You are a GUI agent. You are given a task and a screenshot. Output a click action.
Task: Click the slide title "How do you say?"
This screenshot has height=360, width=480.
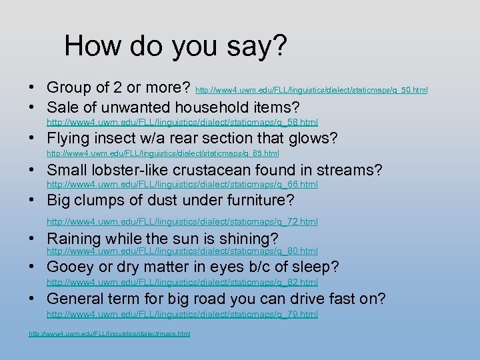click(176, 46)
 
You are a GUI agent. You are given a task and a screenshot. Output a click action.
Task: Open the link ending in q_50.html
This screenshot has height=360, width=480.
click(311, 89)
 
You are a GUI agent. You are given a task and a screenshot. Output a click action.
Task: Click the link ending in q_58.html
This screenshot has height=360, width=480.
click(182, 122)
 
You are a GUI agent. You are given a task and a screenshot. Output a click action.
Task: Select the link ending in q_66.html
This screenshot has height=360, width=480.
click(182, 184)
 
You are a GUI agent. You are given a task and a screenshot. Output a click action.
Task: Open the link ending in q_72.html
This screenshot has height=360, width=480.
click(182, 221)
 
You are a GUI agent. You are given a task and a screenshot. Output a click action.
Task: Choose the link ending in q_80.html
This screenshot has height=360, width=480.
click(182, 251)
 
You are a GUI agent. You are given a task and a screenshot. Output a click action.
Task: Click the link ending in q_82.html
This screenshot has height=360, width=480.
click(182, 282)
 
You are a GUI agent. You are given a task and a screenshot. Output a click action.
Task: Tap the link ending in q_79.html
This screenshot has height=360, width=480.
click(182, 313)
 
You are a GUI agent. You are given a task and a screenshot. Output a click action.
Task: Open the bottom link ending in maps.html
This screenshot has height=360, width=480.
click(109, 333)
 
